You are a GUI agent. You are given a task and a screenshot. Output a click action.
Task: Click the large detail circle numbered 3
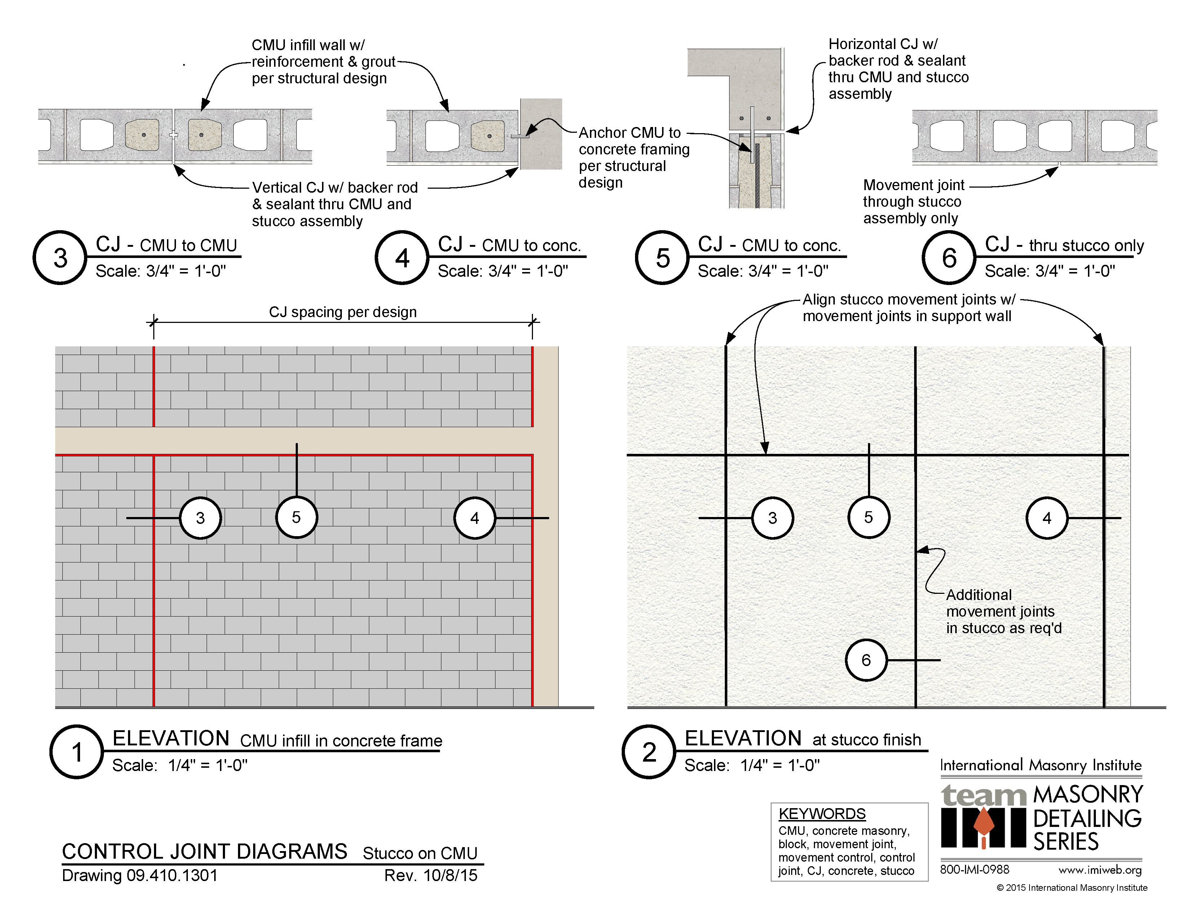coord(60,257)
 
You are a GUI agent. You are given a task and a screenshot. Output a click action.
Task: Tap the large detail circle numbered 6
coord(949,257)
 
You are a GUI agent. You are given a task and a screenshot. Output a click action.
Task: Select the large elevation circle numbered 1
coord(76,752)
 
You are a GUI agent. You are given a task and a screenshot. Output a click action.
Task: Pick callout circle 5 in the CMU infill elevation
coord(296,517)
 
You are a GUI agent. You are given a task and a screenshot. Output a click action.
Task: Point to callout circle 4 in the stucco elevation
coord(1047,518)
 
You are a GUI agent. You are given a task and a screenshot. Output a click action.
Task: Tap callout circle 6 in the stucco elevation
coord(866,660)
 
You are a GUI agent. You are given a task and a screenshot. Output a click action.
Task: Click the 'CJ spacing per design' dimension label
coord(343,312)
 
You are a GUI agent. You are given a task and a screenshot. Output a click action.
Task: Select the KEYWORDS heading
coord(822,814)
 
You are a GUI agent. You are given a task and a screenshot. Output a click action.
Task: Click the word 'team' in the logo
coord(983,796)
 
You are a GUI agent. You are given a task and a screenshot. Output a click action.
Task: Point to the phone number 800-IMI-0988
coord(974,869)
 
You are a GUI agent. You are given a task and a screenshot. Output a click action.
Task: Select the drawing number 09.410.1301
coord(172,875)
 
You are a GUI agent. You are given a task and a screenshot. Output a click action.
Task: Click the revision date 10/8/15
coord(450,875)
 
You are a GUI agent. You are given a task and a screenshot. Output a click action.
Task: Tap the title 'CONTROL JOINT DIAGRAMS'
coord(204,851)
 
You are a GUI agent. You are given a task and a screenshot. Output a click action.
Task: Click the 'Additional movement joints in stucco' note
coord(1004,611)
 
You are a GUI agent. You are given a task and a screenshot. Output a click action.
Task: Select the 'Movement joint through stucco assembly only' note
coord(913,202)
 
